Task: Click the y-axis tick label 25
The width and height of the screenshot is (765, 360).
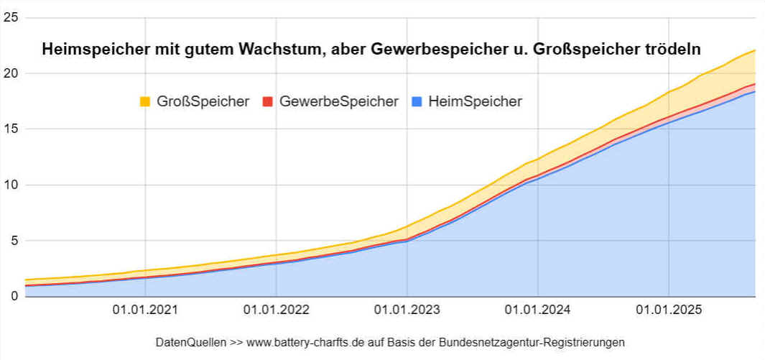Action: pos(10,17)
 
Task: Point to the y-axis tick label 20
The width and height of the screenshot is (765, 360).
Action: pos(10,73)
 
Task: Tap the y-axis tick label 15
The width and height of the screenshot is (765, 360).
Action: pos(10,129)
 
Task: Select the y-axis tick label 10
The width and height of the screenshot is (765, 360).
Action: pos(10,185)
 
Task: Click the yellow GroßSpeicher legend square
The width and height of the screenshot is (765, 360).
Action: pos(144,102)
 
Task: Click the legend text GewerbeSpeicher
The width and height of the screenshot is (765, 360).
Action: pos(339,102)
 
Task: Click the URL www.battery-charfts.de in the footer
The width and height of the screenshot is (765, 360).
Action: pos(302,342)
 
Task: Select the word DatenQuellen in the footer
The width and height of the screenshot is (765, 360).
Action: pos(190,342)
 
